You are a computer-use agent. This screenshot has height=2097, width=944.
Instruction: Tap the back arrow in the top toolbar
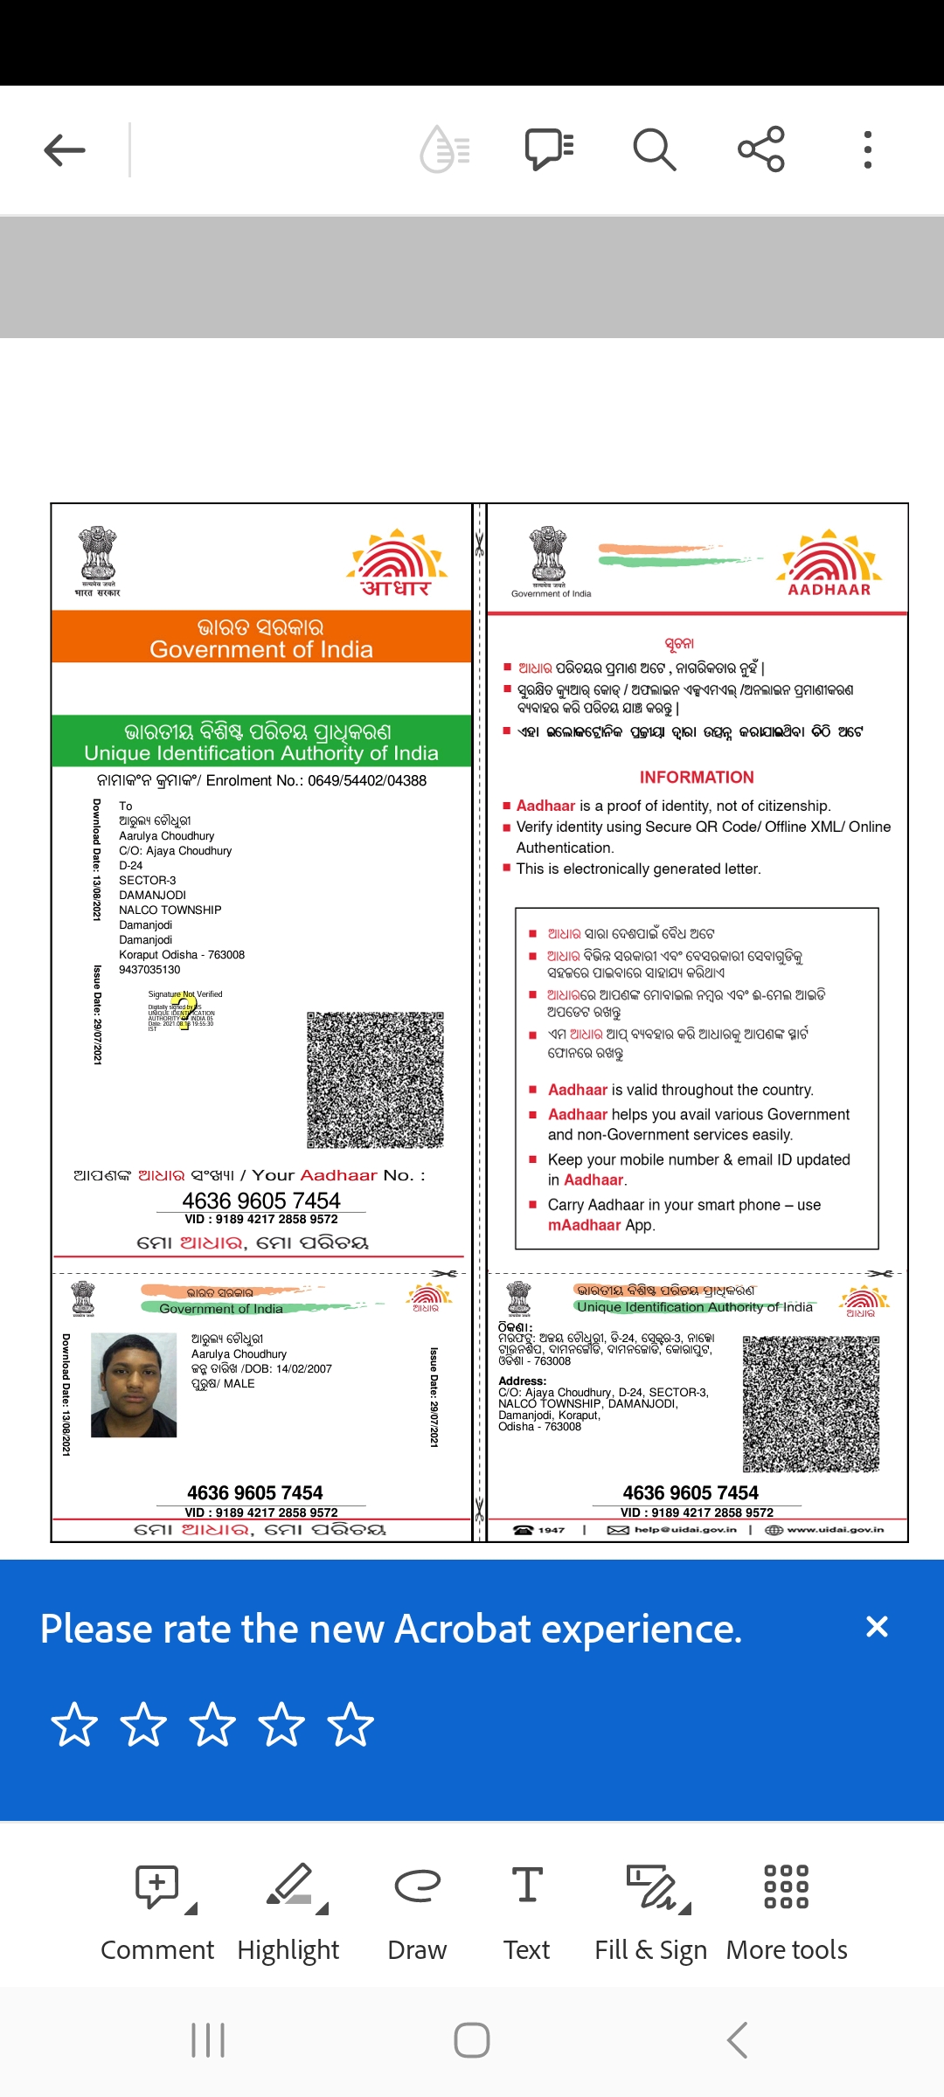pos(65,150)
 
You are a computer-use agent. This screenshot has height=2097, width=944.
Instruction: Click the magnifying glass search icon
pos(654,149)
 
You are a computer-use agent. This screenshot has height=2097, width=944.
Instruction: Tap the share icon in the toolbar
pos(760,149)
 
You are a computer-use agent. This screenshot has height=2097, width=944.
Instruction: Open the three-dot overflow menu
pos(867,149)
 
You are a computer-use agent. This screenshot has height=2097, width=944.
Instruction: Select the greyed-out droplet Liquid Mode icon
pos(445,149)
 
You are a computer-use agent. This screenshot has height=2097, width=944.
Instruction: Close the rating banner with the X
pos(877,1627)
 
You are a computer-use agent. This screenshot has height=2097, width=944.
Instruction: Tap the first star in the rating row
pos(74,1725)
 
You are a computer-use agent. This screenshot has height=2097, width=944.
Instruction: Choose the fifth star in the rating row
pos(351,1725)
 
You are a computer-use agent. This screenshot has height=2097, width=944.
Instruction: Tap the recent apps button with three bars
pos(208,2041)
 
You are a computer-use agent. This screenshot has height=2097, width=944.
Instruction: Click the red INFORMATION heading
pos(697,778)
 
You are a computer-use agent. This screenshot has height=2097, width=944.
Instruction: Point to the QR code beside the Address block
pos(811,1403)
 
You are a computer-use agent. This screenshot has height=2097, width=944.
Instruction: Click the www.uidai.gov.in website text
pos(835,1530)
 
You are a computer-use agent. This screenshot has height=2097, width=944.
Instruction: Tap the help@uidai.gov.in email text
pos(684,1530)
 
